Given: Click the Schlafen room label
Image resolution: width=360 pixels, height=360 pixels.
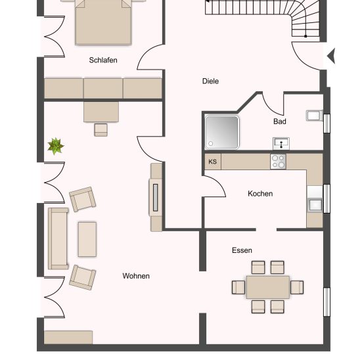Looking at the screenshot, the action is [x=103, y=60].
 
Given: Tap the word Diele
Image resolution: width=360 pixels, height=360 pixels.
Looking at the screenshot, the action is [x=210, y=81].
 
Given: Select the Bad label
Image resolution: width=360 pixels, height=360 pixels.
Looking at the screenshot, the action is [x=280, y=122].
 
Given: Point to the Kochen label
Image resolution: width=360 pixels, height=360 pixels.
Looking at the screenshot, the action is [x=260, y=194].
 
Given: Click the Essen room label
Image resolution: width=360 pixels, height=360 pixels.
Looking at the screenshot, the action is [x=242, y=250].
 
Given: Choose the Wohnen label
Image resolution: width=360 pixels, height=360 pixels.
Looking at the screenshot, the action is [x=136, y=276].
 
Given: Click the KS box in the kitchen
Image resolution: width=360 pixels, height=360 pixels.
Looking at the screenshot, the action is [x=213, y=162].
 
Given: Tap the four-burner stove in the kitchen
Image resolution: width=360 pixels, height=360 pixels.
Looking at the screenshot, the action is [x=278, y=162].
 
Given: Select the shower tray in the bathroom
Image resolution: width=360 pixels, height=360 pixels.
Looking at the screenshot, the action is [x=222, y=132].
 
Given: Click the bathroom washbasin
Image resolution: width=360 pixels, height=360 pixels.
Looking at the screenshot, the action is [x=281, y=143].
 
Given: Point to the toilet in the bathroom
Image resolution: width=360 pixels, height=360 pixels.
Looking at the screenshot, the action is [x=315, y=116].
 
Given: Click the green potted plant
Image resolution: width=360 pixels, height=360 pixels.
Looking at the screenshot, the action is [x=56, y=146].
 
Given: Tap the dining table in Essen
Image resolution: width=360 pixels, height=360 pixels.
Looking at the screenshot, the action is [x=268, y=287].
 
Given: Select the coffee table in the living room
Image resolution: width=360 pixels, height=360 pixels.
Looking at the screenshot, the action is [x=87, y=239].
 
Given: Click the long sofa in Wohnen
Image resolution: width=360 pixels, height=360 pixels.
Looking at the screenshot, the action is [x=58, y=238].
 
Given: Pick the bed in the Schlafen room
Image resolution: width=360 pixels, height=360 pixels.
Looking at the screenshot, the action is [x=103, y=22].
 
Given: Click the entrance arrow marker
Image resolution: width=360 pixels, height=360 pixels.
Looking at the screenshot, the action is [x=331, y=56].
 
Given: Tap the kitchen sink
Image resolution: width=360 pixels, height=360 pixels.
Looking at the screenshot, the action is [x=315, y=205].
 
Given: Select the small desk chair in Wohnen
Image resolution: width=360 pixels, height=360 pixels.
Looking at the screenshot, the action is [x=101, y=130].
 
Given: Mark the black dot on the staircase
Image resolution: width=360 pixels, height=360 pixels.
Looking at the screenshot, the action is [x=305, y=36].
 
